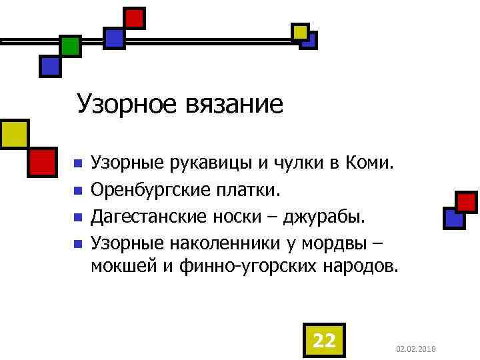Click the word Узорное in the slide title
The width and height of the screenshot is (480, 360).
[x=127, y=105]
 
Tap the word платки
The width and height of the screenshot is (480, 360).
[x=247, y=191]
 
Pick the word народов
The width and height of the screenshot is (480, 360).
[x=360, y=267]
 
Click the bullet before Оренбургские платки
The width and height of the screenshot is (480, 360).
[x=77, y=191]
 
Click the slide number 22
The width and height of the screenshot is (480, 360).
[x=324, y=340]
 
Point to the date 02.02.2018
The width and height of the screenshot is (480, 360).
[x=415, y=349]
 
